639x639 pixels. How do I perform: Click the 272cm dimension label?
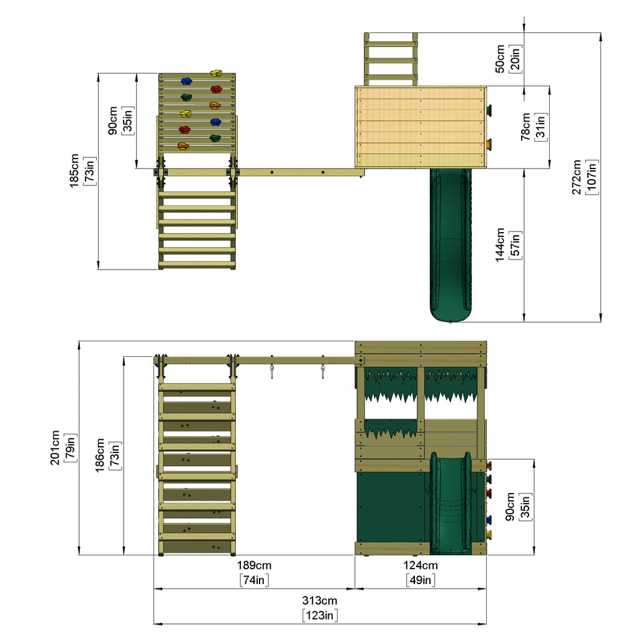pos(576,177)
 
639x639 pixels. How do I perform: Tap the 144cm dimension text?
pos(500,245)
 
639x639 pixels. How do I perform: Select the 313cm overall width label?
pos(319,600)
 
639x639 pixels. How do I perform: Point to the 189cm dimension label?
pos(255,565)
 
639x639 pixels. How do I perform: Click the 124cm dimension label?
pos(421,565)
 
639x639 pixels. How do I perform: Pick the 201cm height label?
pos(55,447)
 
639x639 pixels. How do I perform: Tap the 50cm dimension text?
pos(500,59)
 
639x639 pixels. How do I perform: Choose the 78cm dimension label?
pos(525,127)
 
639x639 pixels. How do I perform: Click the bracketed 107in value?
pos(592,177)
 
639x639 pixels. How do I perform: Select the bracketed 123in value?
pos(320,615)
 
